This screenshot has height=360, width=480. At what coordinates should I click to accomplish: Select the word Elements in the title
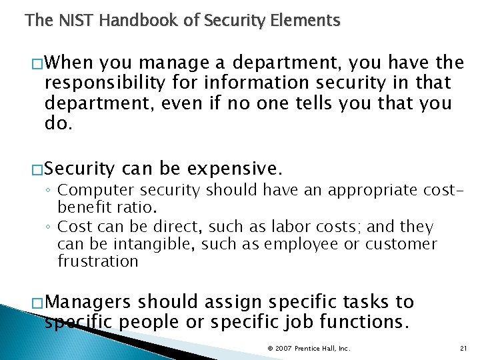point(306,21)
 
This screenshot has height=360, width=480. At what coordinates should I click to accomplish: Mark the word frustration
point(97,261)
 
